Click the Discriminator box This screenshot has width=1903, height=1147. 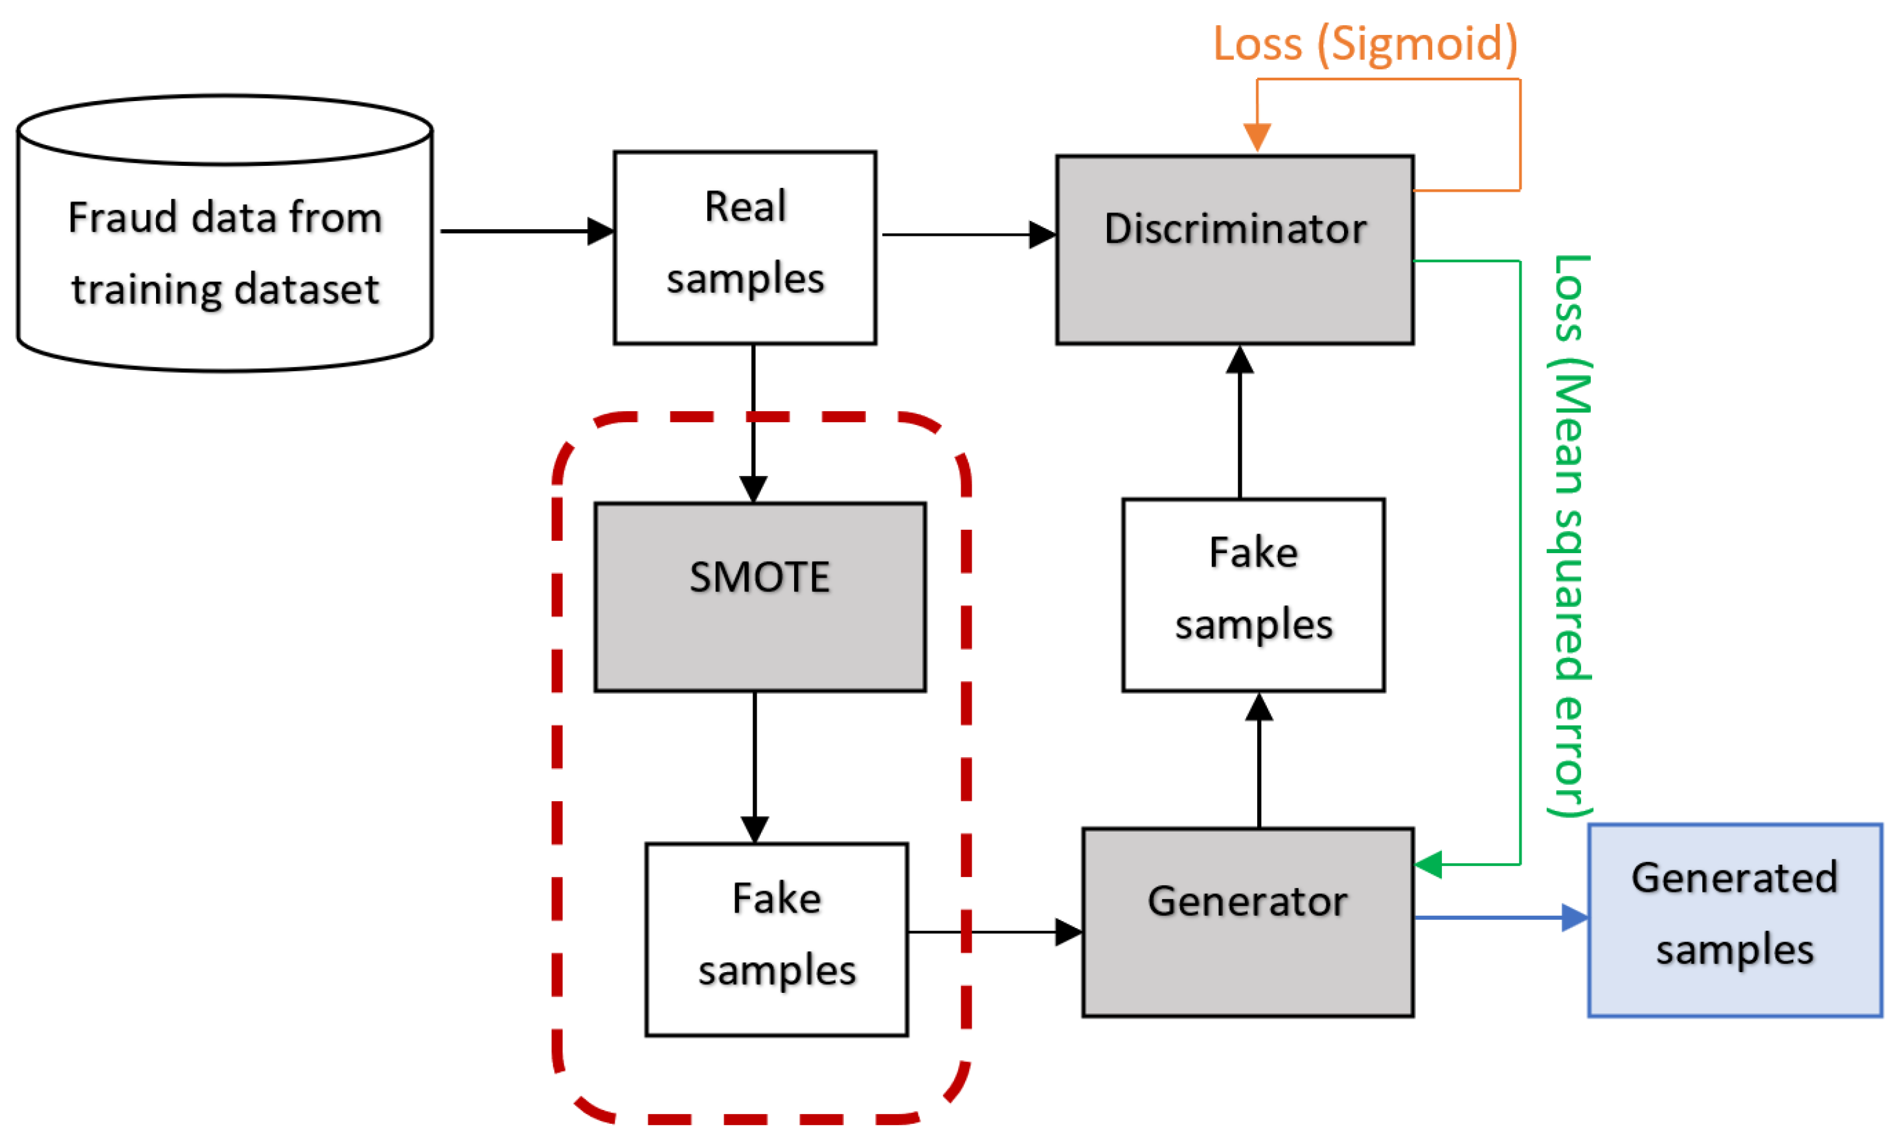coord(1234,249)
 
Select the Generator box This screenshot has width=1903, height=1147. coord(1248,922)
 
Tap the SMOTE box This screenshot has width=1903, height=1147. coord(760,597)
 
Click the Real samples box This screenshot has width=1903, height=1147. coord(744,247)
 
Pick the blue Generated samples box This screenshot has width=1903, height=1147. coord(1735,920)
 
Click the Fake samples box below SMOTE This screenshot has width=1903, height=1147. coord(776,939)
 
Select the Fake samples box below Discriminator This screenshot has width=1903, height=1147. coord(1253,595)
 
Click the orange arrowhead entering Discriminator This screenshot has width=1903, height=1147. coord(1257,137)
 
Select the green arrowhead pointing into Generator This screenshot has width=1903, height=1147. coord(1429,865)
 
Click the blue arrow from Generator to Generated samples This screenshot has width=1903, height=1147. coord(1498,918)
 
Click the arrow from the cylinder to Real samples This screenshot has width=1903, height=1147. coord(525,231)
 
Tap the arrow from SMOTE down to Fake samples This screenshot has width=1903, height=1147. coord(755,765)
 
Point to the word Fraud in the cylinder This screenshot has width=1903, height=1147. coord(124,217)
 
